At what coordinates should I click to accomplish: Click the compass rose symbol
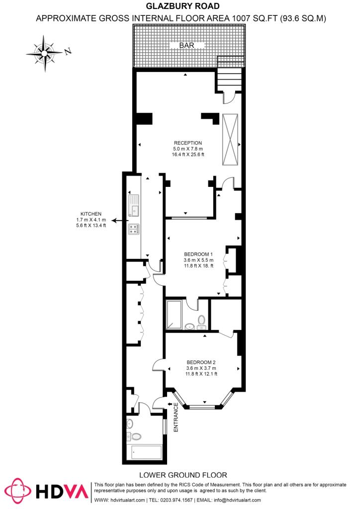[x=46, y=52]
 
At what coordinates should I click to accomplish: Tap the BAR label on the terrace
[x=187, y=46]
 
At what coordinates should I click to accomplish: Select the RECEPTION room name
[x=187, y=143]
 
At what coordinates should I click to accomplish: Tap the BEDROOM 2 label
[x=201, y=362]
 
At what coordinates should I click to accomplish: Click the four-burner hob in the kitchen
[x=134, y=229]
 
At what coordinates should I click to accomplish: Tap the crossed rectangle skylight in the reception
[x=230, y=140]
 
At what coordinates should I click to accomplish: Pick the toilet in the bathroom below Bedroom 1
[x=201, y=321]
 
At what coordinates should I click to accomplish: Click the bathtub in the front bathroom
[x=146, y=452]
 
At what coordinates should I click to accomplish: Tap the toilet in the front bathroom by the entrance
[x=135, y=437]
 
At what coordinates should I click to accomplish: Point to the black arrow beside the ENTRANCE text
[x=170, y=405]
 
